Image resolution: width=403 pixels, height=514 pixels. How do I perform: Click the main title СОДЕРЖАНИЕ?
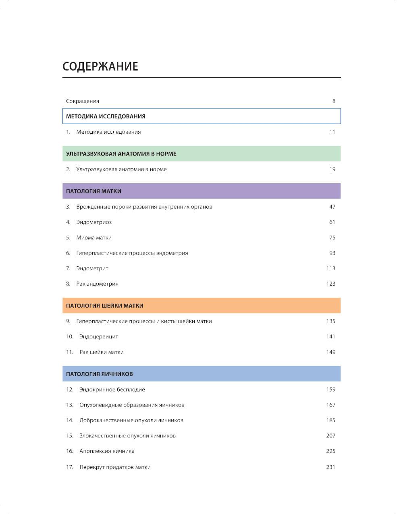tap(100, 66)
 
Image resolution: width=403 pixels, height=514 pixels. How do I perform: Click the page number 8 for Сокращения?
tap(334, 101)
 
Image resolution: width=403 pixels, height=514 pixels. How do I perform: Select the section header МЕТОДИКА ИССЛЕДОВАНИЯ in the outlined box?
tap(106, 116)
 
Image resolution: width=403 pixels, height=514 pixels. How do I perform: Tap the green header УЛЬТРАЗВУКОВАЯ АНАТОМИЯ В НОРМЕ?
tap(121, 154)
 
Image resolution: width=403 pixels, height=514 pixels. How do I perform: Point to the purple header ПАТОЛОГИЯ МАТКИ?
tap(93, 191)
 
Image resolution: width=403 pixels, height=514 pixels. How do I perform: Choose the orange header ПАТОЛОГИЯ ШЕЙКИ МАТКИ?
tap(105, 306)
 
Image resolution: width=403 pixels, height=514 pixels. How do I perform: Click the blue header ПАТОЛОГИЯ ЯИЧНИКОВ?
tap(100, 374)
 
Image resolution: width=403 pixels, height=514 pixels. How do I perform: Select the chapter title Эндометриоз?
tap(94, 222)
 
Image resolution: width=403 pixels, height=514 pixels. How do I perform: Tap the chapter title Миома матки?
tap(94, 238)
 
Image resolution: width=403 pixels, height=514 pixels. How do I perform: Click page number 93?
tap(332, 253)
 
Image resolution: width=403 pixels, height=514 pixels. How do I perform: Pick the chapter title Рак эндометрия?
tap(98, 284)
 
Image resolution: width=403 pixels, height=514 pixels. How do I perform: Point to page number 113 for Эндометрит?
tap(330, 269)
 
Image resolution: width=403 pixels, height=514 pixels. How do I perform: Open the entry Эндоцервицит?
tap(99, 337)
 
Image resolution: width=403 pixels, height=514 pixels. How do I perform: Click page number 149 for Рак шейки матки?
tap(330, 352)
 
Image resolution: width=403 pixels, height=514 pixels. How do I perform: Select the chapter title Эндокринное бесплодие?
tap(112, 390)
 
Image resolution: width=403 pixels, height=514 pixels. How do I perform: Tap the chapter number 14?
tap(70, 421)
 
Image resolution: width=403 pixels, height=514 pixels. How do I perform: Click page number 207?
tap(330, 436)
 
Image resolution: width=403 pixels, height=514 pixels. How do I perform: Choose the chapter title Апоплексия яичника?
tap(107, 451)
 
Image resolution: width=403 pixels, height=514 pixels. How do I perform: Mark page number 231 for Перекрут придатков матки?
tap(330, 467)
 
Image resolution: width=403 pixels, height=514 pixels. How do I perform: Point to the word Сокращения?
tap(83, 101)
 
